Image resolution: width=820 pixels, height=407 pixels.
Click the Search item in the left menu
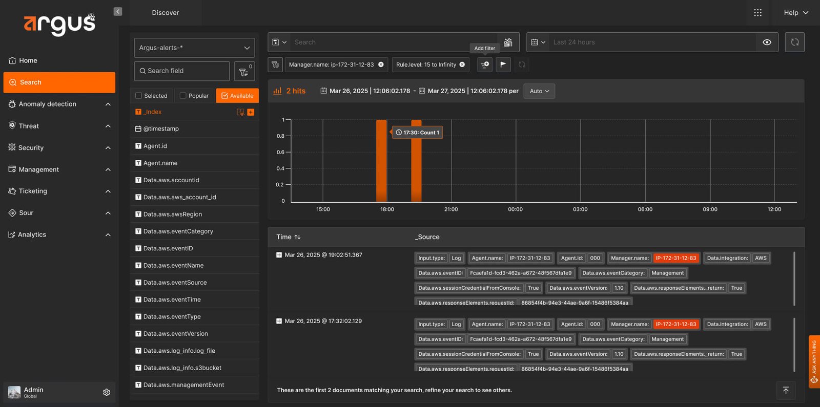click(59, 82)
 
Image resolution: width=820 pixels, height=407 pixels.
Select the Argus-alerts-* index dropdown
click(194, 48)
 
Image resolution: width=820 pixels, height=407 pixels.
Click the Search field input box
click(182, 71)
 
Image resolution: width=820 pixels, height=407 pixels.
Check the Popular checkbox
click(182, 96)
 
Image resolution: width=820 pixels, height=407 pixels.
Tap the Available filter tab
click(237, 96)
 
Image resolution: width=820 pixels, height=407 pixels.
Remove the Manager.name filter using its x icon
click(381, 65)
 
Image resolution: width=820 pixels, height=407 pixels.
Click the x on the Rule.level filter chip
click(462, 65)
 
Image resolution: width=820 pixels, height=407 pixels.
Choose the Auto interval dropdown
click(539, 91)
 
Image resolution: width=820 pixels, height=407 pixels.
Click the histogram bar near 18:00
click(381, 161)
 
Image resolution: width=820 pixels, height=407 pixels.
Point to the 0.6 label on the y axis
click(280, 152)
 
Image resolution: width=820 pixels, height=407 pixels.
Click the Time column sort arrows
click(298, 237)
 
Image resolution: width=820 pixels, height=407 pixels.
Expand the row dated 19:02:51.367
click(279, 255)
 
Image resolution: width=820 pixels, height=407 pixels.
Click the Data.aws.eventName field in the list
click(174, 266)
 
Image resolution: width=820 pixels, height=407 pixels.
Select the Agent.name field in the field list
click(160, 163)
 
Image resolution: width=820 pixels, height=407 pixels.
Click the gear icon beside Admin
click(107, 392)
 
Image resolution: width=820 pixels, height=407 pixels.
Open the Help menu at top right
click(796, 13)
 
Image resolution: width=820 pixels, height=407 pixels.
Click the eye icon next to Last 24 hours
click(767, 42)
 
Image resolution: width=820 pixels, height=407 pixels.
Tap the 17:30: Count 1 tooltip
click(417, 133)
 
